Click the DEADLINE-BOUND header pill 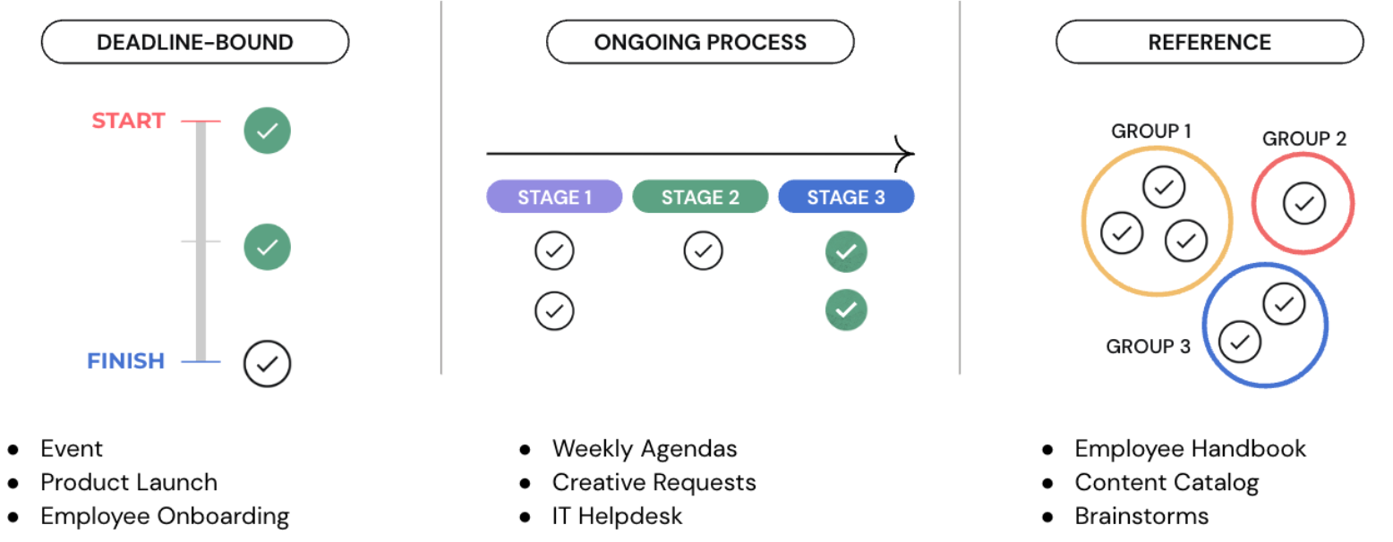tap(195, 42)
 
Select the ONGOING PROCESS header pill tap(700, 42)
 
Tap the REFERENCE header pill tap(1209, 42)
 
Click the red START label tap(129, 120)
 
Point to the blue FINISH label tap(125, 360)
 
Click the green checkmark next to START tap(268, 131)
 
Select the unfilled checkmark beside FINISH tap(268, 364)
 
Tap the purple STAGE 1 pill tap(554, 197)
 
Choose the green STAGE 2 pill tap(700, 197)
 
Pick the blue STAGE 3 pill tap(846, 197)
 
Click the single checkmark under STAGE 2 tap(704, 251)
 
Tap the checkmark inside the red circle tap(1304, 203)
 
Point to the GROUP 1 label tap(1151, 131)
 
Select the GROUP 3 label tap(1148, 346)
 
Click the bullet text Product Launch tap(129, 482)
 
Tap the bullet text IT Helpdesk tap(617, 516)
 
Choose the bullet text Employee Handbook tap(1191, 449)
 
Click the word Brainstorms tap(1141, 516)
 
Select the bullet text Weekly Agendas tap(645, 449)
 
